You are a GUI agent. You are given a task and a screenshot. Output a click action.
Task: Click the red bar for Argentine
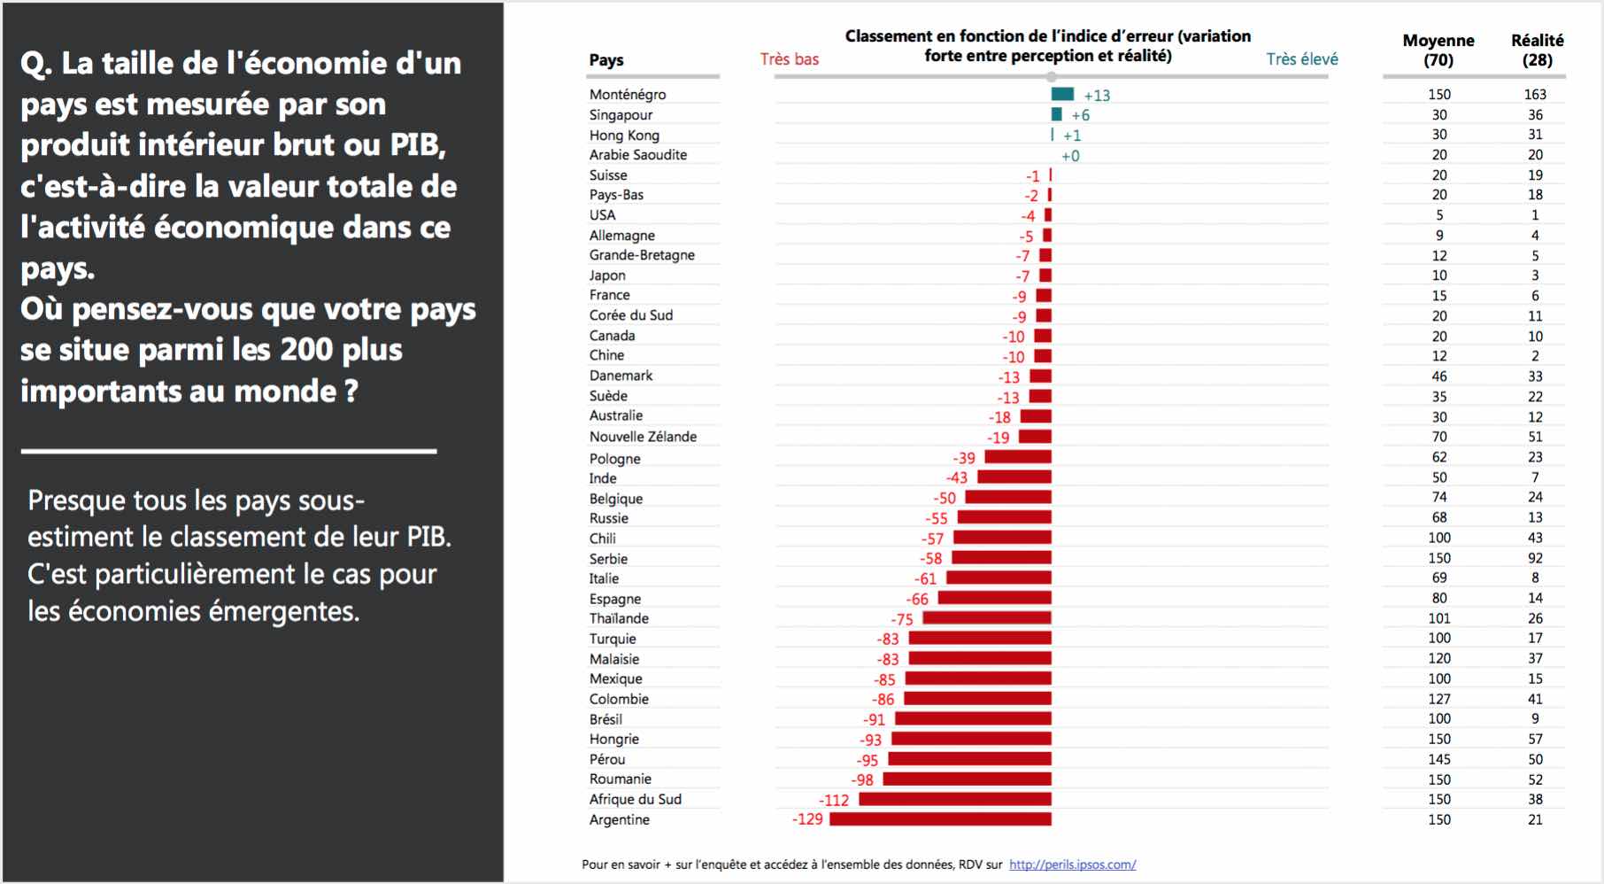[940, 819]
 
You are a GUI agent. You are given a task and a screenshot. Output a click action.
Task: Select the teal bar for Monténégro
[1062, 94]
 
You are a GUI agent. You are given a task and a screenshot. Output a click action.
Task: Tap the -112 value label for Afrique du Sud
[834, 800]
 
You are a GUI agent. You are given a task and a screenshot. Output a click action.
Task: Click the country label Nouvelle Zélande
[643, 437]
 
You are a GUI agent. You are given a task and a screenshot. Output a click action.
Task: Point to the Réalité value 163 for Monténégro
[1535, 94]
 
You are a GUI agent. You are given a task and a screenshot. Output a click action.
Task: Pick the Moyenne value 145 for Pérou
[1439, 759]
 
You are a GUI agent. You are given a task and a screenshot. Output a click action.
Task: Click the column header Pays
[606, 60]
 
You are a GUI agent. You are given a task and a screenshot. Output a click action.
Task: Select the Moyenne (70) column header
[1438, 50]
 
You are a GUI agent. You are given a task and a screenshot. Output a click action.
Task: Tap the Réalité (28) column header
[1537, 50]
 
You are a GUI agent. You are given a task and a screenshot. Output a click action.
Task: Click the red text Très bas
[790, 59]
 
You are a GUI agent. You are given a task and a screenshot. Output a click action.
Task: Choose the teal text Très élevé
[1301, 59]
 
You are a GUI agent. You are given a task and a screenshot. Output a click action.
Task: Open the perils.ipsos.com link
[1072, 865]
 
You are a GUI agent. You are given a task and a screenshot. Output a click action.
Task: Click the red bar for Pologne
[1018, 457]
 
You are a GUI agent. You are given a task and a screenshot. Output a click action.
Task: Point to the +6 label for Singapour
[1080, 115]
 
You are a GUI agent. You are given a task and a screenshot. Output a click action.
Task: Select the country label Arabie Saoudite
[638, 155]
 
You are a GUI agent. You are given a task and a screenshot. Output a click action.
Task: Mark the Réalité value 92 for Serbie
[1535, 558]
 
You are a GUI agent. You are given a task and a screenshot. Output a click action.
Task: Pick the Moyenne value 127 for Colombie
[1439, 699]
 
